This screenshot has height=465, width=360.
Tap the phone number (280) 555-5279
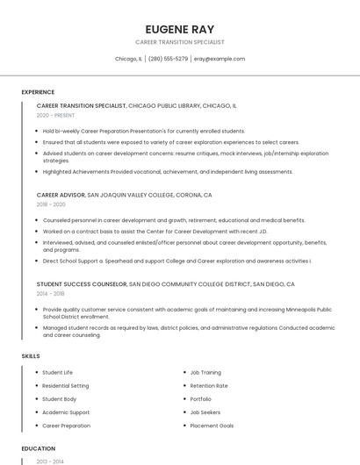(168, 59)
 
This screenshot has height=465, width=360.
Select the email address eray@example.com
(219, 59)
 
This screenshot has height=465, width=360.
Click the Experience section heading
(38, 91)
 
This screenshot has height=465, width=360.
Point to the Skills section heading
(31, 355)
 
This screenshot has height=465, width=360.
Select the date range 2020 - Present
(55, 115)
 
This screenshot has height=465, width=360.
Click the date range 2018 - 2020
(51, 204)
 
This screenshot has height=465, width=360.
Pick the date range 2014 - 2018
(51, 294)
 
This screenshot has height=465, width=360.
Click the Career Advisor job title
(61, 195)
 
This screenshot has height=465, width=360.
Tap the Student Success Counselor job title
(82, 284)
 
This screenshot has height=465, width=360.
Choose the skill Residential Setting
(66, 385)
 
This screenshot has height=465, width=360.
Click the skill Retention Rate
(209, 385)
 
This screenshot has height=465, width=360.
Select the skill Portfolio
(201, 399)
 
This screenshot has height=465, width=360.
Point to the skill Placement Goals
(212, 426)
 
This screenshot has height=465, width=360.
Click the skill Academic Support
(66, 412)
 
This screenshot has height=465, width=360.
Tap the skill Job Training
(205, 372)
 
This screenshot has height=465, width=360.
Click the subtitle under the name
(179, 41)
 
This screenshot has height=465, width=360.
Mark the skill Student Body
(60, 399)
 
